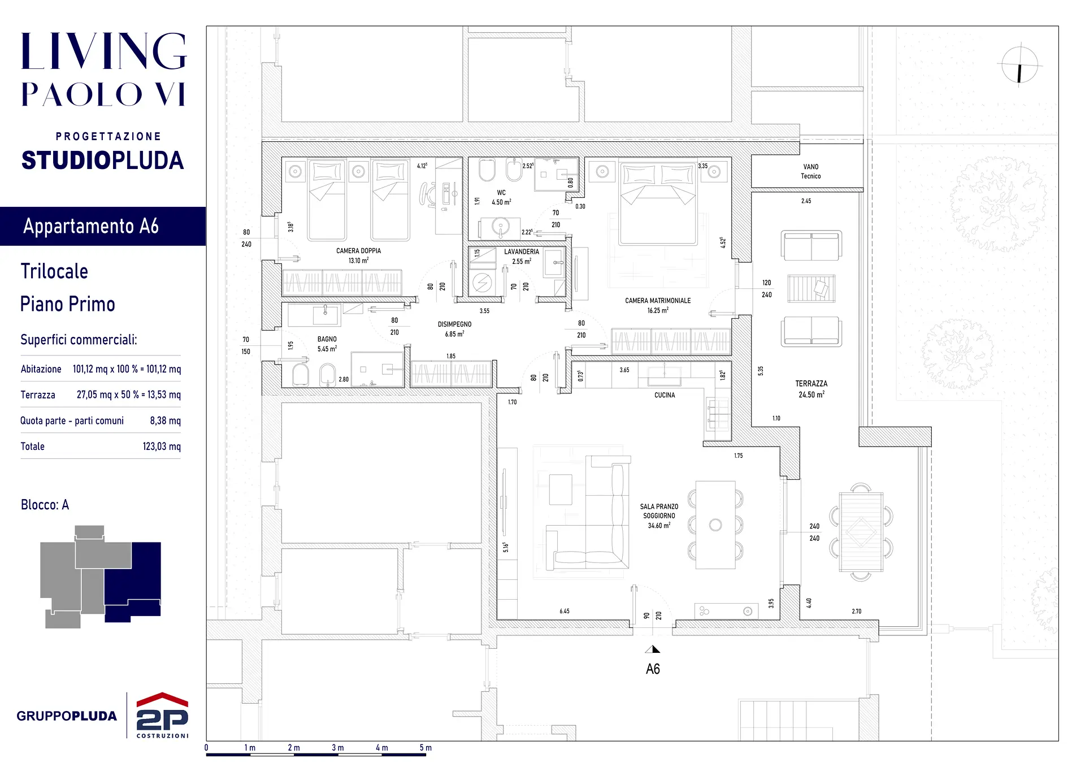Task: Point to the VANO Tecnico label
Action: click(x=811, y=171)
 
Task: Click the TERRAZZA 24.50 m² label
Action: click(x=811, y=389)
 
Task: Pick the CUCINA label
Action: click(x=665, y=395)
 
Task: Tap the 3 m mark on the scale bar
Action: click(x=337, y=748)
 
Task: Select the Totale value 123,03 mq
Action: click(x=162, y=447)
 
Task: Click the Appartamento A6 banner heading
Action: click(x=91, y=226)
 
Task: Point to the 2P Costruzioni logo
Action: click(x=162, y=715)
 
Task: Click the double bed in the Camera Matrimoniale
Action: click(x=658, y=204)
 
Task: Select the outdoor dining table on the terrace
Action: click(x=861, y=532)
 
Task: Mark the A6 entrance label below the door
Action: click(x=653, y=669)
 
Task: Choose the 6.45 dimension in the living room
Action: click(x=565, y=611)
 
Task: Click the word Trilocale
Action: click(x=54, y=271)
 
